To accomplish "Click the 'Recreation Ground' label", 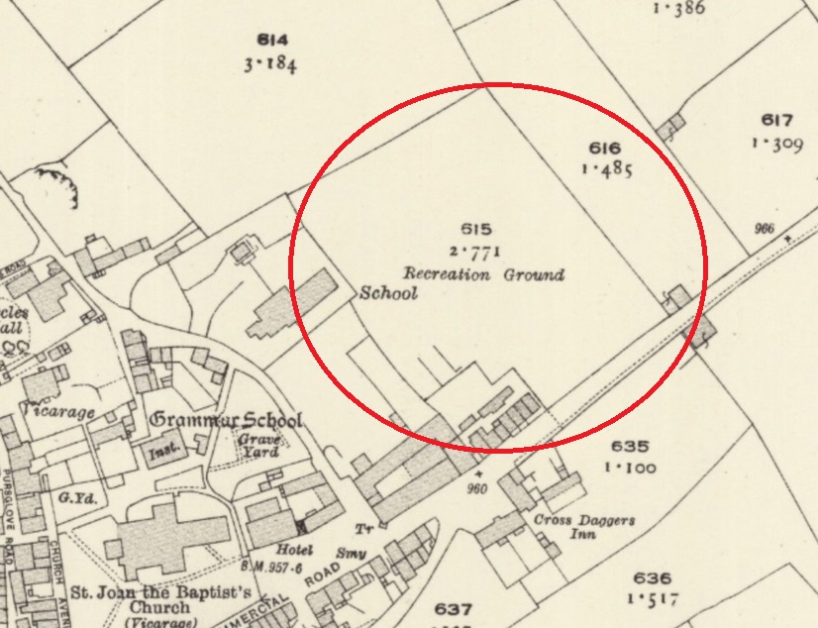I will coord(483,273).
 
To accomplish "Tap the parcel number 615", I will coord(476,230).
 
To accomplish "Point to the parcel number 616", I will coord(604,148).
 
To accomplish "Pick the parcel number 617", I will coord(777,121).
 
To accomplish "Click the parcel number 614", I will coord(271,41).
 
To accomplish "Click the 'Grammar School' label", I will coord(226,420).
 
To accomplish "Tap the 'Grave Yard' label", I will coord(262,446).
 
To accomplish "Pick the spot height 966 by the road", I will coord(764,229).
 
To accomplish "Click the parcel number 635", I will coord(629,447).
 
